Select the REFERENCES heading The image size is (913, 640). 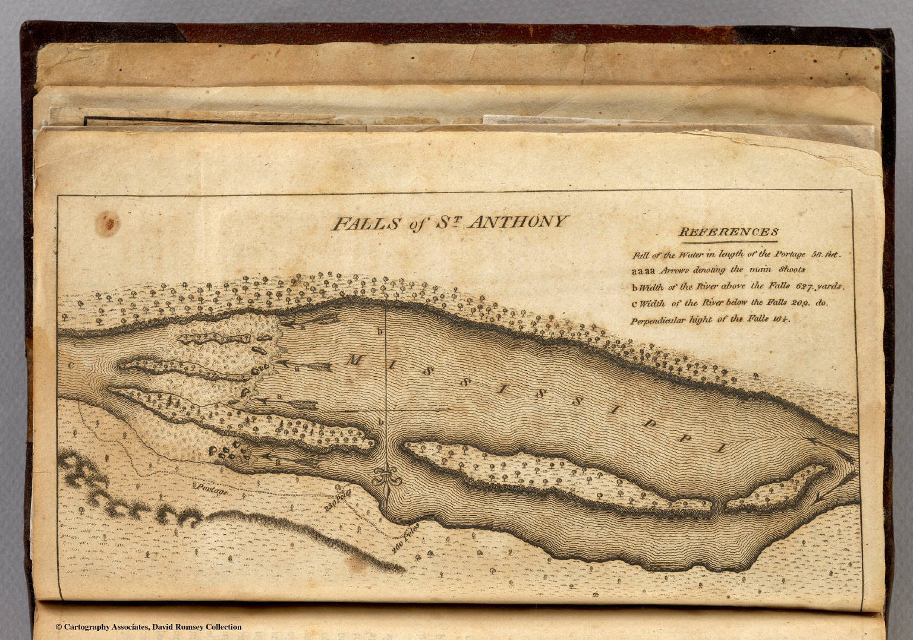[729, 232]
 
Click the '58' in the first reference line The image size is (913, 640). [817, 254]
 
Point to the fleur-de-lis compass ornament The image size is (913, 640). [388, 476]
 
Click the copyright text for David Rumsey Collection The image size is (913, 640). [149, 627]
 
